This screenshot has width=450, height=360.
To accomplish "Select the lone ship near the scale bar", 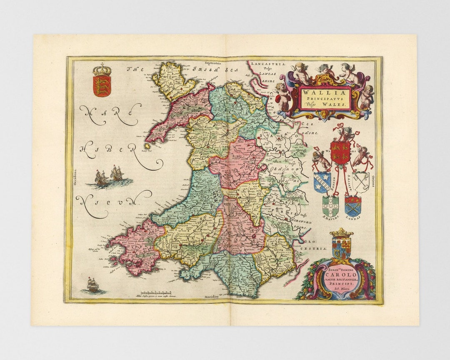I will tap(92, 285).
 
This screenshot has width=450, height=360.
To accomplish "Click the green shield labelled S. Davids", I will tap(330, 205).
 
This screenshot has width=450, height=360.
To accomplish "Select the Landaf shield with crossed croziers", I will tap(352, 206).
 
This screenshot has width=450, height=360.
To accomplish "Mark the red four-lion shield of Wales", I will tap(340, 152).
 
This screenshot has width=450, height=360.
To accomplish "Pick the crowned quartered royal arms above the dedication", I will tap(342, 245).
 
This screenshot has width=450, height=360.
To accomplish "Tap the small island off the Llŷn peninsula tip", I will tap(147, 146).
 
